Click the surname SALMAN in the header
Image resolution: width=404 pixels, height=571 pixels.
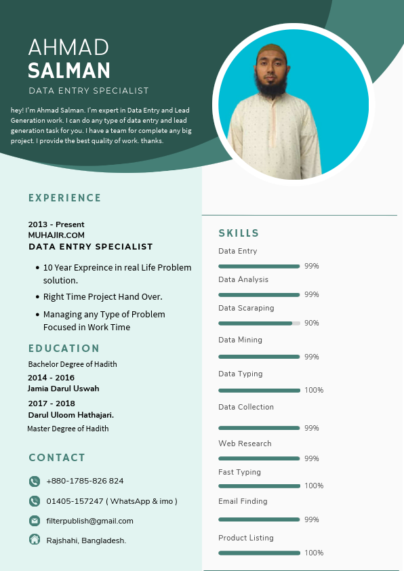tap(69, 71)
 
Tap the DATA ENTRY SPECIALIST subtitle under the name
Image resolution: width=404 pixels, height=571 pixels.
tap(89, 91)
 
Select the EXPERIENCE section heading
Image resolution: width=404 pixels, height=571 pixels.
tap(64, 198)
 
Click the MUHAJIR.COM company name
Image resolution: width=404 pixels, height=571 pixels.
tap(56, 235)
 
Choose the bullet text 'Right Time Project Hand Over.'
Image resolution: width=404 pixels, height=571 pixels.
tap(102, 297)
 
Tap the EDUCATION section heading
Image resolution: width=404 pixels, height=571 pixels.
tap(64, 349)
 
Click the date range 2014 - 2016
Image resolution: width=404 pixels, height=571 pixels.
tap(51, 378)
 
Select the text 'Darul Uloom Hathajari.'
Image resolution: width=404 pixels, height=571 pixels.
tap(70, 414)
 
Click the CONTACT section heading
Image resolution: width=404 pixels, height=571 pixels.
tap(57, 458)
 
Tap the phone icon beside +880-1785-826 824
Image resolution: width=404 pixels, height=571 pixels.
tap(35, 481)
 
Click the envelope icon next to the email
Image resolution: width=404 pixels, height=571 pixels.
tap(35, 521)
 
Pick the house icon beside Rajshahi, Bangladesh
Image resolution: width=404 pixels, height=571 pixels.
tap(35, 540)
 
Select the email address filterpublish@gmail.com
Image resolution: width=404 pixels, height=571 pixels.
tap(89, 521)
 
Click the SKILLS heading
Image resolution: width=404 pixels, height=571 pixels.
tap(239, 233)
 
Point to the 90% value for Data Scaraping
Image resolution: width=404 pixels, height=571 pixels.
tap(311, 323)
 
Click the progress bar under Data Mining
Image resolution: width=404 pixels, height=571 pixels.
tap(259, 357)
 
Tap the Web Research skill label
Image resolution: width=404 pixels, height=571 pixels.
tap(245, 444)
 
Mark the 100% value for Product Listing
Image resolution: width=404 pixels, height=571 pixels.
tap(314, 553)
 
